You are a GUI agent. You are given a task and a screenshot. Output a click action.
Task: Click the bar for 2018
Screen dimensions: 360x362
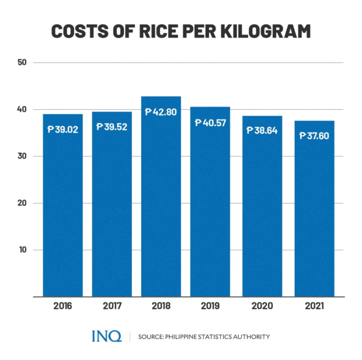[161, 198]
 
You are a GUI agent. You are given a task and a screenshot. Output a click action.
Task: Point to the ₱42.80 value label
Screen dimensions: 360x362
[161, 111]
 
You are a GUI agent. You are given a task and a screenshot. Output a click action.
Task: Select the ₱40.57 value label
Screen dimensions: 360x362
[210, 123]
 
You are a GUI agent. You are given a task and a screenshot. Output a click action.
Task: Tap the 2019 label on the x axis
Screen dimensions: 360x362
[210, 305]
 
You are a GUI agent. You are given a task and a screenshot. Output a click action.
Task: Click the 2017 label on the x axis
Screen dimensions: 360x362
[112, 305]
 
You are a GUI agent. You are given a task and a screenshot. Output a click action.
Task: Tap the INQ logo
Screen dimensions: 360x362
[107, 336]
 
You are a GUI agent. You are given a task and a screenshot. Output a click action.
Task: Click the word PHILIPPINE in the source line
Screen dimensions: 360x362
[187, 337]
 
